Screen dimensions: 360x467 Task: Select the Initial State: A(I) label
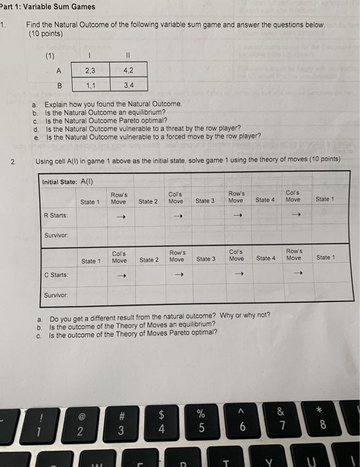69,181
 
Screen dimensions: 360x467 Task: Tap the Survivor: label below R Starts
55,234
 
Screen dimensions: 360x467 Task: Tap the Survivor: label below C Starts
55,294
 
